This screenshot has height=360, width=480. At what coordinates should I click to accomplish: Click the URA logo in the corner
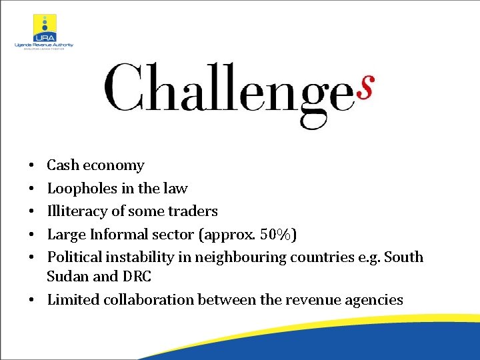pos(45,27)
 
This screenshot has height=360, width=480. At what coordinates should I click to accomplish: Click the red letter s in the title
pos(365,87)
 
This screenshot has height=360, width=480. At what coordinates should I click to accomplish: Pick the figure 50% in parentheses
pos(276,234)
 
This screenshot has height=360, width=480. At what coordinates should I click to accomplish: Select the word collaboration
pos(147,299)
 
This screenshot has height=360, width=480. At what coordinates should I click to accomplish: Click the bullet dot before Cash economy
pos(31,165)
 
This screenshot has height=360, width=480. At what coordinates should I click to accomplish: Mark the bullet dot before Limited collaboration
pos(31,299)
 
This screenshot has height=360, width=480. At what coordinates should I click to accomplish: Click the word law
pos(176,189)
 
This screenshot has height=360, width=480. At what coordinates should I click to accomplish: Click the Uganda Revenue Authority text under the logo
pos(44,45)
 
